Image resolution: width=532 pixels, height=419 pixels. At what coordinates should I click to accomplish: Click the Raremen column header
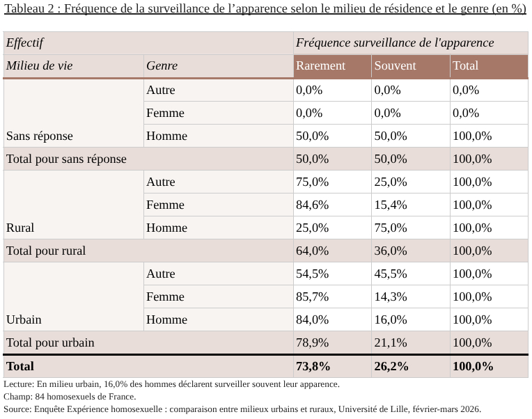coord(320,66)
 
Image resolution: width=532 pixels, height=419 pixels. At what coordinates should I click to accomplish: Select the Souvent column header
coord(395,66)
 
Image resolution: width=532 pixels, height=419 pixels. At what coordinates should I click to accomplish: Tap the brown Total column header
coord(465,66)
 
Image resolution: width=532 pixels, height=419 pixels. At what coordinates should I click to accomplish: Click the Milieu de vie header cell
coord(40,66)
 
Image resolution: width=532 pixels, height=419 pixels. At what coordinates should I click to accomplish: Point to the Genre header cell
coord(162,66)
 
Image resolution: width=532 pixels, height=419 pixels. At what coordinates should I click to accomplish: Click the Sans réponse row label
coord(40,136)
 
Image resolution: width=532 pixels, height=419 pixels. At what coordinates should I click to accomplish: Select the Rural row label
coord(20,228)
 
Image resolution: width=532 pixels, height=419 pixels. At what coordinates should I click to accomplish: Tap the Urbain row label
coord(24,319)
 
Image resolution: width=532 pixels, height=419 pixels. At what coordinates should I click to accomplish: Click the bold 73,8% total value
coord(313,366)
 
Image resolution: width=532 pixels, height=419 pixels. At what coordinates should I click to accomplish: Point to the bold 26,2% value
coord(391,366)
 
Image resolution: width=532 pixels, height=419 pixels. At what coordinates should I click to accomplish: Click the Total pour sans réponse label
coord(66,159)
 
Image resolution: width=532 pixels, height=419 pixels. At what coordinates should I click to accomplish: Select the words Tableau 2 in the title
coord(30,9)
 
